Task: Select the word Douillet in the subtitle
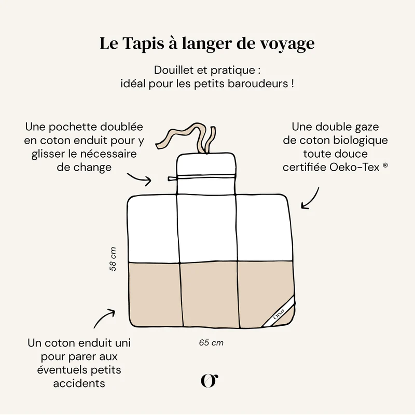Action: (172, 70)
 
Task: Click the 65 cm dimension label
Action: (211, 342)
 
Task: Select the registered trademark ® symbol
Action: (385, 165)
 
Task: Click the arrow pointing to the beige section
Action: (104, 317)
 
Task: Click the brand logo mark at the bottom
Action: (209, 380)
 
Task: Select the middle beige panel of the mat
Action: (207, 294)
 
